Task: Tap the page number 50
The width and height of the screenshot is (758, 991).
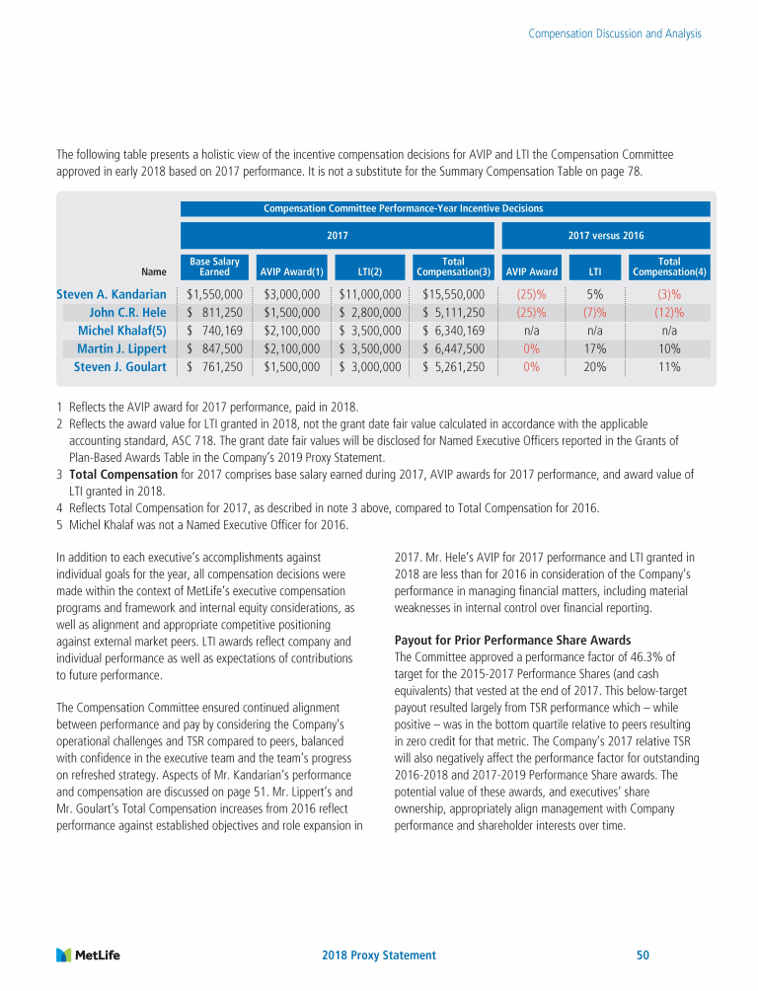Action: click(x=643, y=955)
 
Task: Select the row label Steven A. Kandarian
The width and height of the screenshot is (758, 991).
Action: click(x=112, y=293)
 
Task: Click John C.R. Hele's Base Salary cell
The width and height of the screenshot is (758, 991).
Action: click(x=214, y=312)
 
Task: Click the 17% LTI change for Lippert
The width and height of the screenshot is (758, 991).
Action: click(x=594, y=348)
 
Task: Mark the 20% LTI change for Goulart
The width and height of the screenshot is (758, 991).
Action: click(x=594, y=366)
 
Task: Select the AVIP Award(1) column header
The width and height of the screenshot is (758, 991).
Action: click(x=290, y=271)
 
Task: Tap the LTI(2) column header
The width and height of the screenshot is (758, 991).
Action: click(x=369, y=271)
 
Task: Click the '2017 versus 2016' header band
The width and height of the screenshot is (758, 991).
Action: click(x=605, y=236)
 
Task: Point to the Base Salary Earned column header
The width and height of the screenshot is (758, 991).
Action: click(x=214, y=267)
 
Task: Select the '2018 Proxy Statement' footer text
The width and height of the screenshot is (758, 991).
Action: click(x=379, y=955)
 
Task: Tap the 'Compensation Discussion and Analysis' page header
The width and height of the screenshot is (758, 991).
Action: click(x=615, y=34)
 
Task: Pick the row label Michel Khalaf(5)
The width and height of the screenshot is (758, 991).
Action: click(x=121, y=330)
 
